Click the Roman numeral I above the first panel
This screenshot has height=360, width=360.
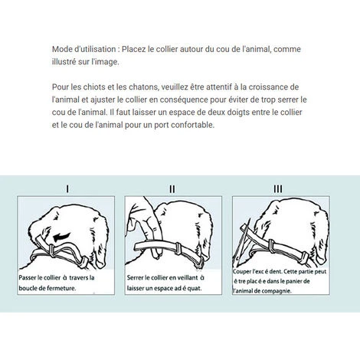(x=68, y=188)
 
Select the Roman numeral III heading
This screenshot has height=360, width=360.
(x=277, y=188)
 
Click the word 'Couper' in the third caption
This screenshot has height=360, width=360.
(x=245, y=271)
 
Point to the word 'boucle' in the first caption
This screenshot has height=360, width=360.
(x=33, y=289)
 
